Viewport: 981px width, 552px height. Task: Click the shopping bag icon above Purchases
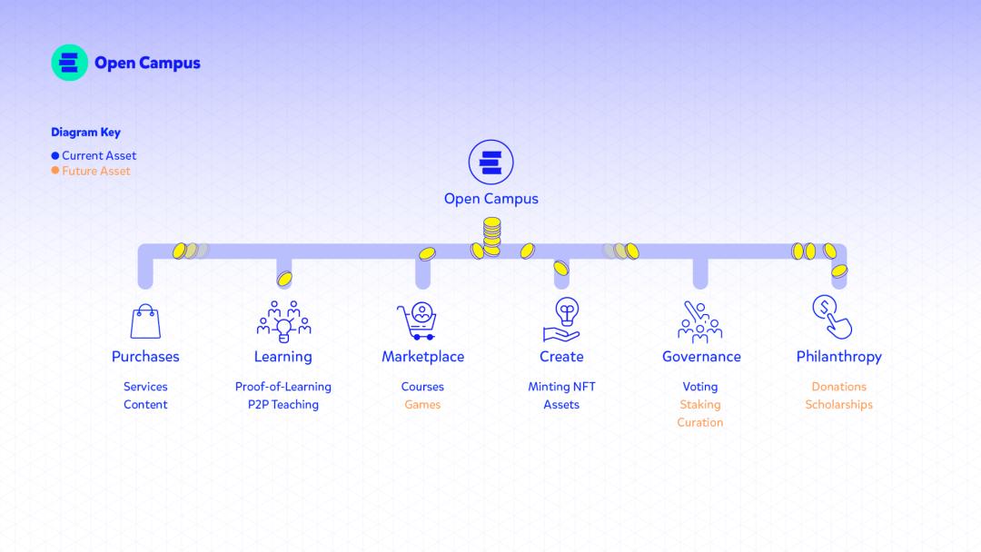pos(145,321)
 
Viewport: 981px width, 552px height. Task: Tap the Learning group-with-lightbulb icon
pos(283,320)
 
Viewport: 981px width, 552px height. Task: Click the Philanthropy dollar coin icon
pos(831,317)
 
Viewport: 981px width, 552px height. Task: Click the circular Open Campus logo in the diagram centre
pos(490,163)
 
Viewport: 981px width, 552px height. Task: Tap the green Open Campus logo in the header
pos(70,63)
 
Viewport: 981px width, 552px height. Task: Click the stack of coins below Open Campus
pos(491,237)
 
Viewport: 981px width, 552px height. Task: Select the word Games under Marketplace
pos(422,405)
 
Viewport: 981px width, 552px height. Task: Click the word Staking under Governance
pos(700,405)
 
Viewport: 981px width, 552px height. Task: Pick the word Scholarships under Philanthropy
pos(838,405)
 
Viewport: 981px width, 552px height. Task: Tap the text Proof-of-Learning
pos(283,387)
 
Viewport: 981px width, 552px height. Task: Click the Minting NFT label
pos(561,387)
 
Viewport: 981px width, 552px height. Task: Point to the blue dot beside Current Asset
pos(55,156)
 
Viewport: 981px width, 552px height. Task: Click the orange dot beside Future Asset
pos(55,171)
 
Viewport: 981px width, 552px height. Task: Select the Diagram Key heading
pos(85,133)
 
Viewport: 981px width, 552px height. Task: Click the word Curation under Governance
pos(700,422)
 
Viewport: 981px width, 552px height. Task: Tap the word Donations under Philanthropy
pos(838,387)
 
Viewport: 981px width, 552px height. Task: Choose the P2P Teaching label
pos(283,405)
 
